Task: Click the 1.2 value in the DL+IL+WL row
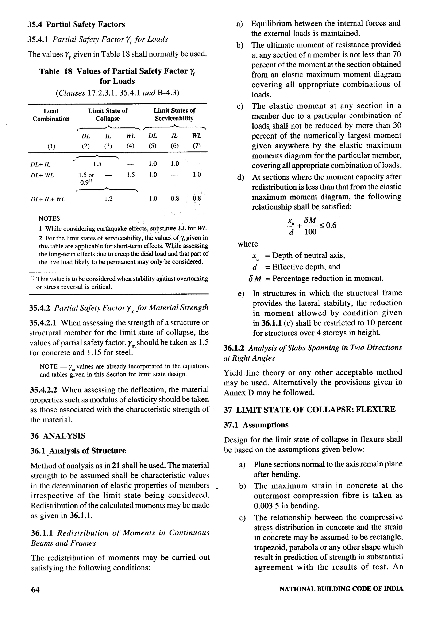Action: coord(108,199)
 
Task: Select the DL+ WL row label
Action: coord(42,175)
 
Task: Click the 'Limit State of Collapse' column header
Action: coord(108,115)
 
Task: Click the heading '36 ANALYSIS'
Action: coord(58,436)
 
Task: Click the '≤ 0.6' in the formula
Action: coord(327,225)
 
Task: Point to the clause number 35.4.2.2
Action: coord(43,390)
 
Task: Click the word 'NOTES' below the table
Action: coord(49,218)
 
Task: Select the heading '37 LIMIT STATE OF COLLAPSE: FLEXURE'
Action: coord(309,410)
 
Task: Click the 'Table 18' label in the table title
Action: coord(56,71)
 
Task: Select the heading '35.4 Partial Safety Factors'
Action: coord(76,24)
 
